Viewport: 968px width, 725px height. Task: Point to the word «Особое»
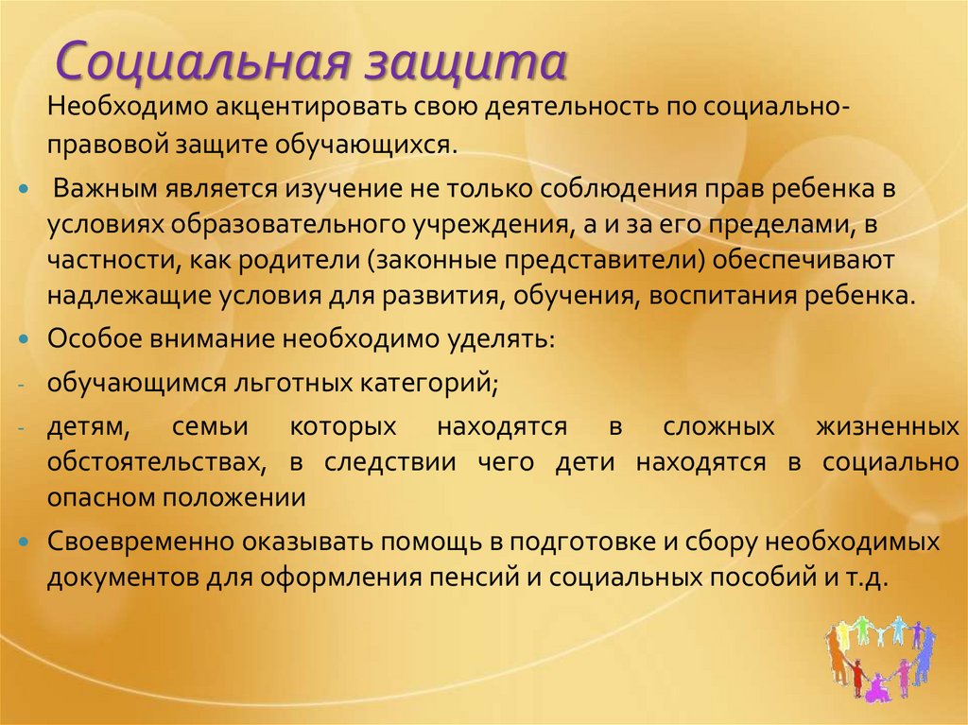click(90, 339)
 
